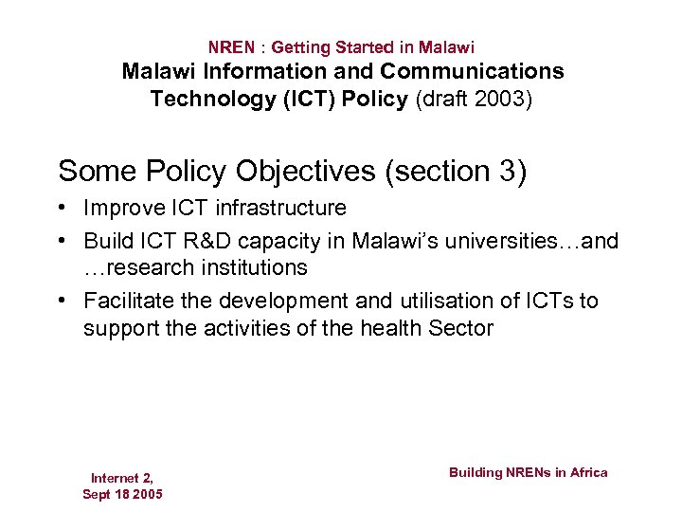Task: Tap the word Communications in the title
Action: pos(472,71)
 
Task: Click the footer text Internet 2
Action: pos(122,478)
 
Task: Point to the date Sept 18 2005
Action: pos(122,494)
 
